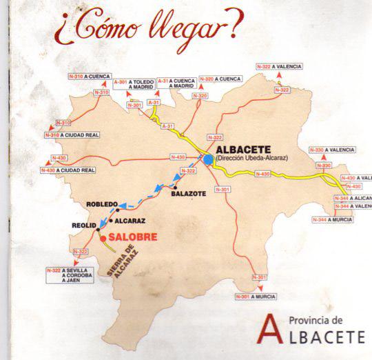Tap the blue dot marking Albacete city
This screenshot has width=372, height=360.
pos(208,160)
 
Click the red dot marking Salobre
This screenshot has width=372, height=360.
pos(103,239)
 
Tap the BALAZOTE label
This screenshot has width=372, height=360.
pos(186,194)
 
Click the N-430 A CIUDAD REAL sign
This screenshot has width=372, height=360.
pos(66,170)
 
